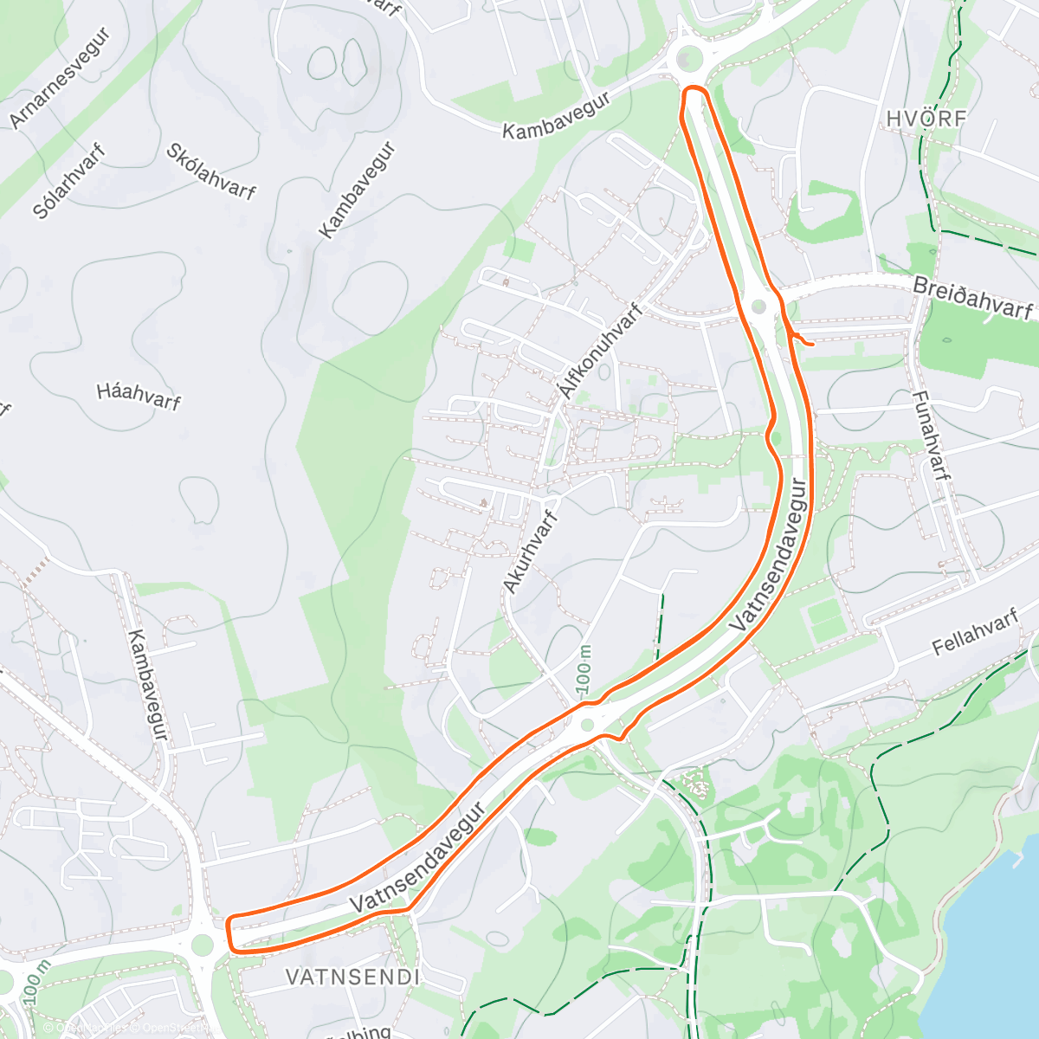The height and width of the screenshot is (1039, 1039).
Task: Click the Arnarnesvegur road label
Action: tap(61, 79)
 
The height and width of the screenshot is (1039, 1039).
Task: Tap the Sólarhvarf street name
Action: tap(69, 182)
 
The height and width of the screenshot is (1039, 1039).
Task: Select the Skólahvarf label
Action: tap(211, 171)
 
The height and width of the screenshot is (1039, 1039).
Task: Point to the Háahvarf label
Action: tap(139, 397)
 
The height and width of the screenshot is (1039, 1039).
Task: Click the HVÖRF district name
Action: tap(926, 119)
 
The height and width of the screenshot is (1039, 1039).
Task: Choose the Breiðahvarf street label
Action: tap(973, 298)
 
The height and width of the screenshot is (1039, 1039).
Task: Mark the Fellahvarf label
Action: tap(974, 635)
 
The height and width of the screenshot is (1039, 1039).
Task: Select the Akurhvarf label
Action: tap(529, 552)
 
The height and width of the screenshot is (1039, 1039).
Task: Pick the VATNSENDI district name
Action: tap(352, 978)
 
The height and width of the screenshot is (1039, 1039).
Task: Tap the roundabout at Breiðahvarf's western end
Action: tap(760, 306)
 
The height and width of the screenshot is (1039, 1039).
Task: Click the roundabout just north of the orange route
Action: tap(688, 59)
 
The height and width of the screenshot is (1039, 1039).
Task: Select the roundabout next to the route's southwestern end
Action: tap(203, 944)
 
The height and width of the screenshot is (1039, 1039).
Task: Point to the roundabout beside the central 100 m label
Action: tap(588, 725)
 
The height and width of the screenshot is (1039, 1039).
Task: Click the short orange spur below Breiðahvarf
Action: tap(801, 340)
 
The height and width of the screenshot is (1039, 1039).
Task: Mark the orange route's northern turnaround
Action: tap(695, 90)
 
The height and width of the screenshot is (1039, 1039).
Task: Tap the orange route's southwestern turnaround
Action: tap(230, 933)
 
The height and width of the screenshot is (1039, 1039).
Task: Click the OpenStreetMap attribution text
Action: tap(173, 1028)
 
